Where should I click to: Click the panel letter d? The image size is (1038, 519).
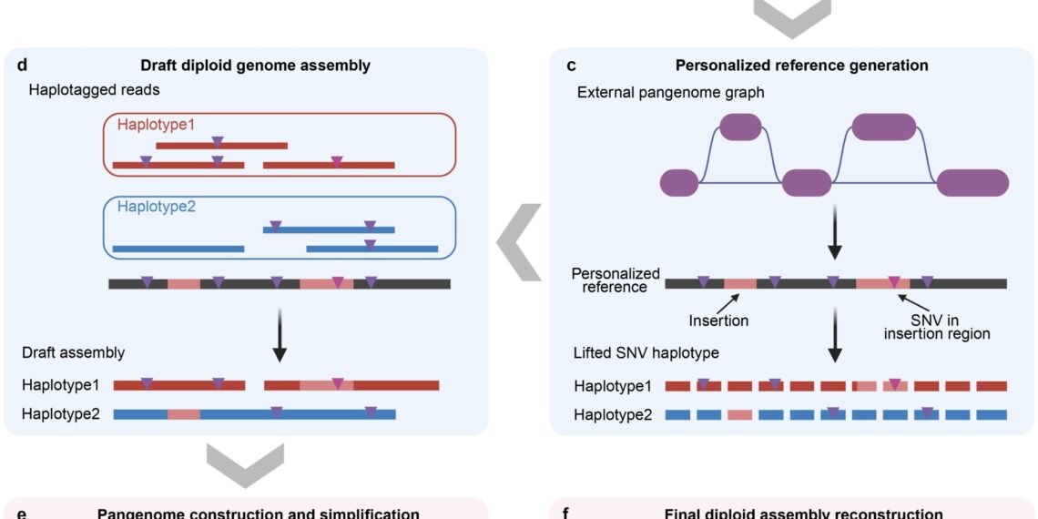pos(23,65)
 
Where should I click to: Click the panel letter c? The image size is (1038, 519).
pos(571,65)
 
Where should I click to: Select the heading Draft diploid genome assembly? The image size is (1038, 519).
pos(255,65)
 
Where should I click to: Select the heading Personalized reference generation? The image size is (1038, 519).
pos(801,65)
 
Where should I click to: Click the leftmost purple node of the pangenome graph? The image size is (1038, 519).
pos(678,182)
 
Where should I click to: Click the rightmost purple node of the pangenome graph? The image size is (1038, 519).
pos(972,182)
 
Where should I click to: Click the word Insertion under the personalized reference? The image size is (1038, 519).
pos(719,321)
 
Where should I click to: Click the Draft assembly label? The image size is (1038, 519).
pos(74,352)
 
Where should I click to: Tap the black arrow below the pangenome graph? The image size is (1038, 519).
pos(833,238)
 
